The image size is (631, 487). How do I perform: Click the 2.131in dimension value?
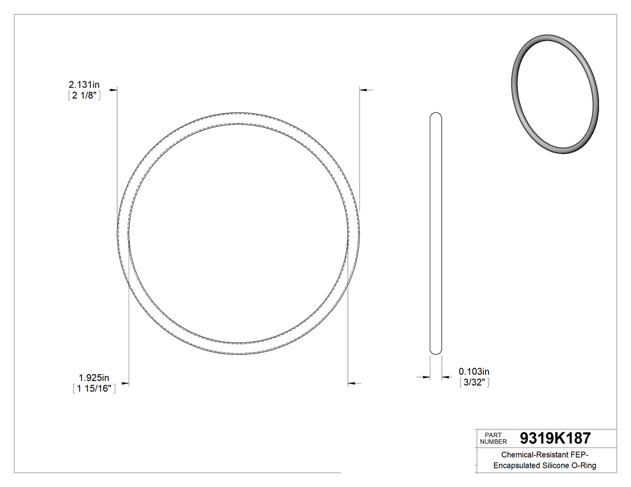(84, 85)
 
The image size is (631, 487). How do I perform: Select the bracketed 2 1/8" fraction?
(84, 95)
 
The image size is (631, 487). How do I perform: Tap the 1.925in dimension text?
(94, 378)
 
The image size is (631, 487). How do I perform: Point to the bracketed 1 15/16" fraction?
(93, 389)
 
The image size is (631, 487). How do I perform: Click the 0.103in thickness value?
(474, 372)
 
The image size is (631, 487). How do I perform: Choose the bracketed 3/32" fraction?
(474, 383)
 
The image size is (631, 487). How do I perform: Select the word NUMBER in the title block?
(495, 441)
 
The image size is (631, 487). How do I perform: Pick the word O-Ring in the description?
(584, 465)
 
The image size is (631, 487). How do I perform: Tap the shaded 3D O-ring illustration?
(555, 94)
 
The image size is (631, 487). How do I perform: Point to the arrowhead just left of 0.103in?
(446, 377)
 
